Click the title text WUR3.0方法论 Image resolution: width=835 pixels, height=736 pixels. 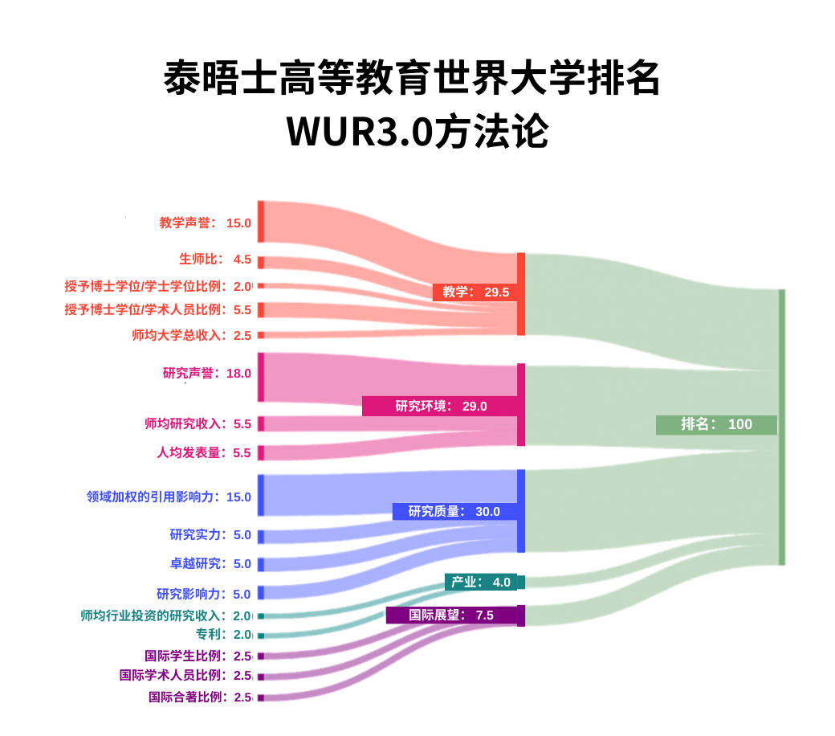click(x=417, y=132)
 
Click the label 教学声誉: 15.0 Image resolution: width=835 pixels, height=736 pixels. click(x=206, y=223)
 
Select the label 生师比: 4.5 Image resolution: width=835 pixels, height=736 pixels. click(x=215, y=260)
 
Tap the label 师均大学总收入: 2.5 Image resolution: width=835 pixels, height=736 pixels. click(x=192, y=335)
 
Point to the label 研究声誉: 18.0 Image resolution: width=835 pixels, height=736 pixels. click(x=207, y=373)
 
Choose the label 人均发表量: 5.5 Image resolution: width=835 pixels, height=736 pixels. click(x=204, y=452)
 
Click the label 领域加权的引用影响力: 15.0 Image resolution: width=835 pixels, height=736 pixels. click(x=169, y=497)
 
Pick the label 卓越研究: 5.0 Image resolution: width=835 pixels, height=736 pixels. click(x=210, y=563)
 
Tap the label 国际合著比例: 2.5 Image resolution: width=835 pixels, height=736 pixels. click(x=200, y=697)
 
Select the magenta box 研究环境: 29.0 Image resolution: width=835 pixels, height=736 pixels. click(x=440, y=406)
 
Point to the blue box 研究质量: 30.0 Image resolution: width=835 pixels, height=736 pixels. click(x=454, y=511)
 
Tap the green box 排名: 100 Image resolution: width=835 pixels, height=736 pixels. click(x=716, y=424)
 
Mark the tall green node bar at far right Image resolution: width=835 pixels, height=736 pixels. click(x=781, y=427)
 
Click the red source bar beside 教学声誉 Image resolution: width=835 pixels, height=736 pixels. click(x=261, y=221)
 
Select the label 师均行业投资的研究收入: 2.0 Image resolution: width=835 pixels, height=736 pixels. click(x=166, y=615)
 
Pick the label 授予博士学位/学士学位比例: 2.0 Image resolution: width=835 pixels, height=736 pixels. click(x=158, y=286)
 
